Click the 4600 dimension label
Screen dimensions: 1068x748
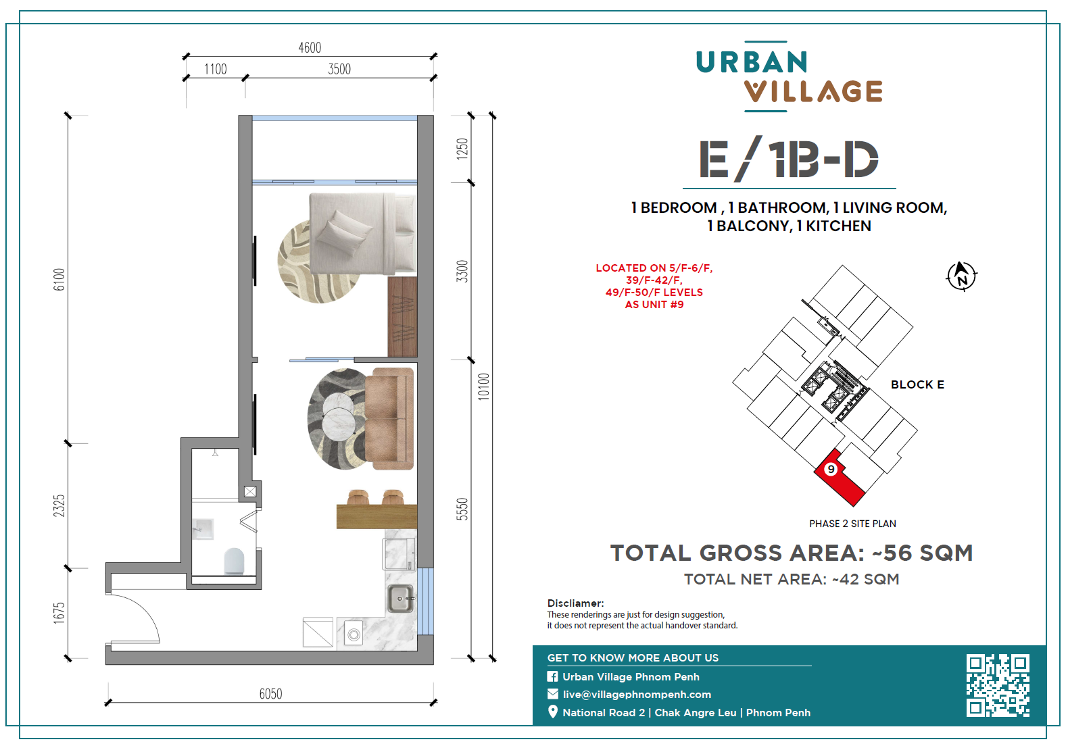[x=310, y=48]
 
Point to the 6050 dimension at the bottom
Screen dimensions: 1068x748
[x=270, y=694]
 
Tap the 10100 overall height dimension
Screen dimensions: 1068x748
[x=484, y=386]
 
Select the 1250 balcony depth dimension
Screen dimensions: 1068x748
[x=462, y=149]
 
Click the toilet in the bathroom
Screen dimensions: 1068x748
[x=234, y=561]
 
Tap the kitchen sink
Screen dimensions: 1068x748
[x=399, y=599]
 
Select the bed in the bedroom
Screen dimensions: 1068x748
[x=363, y=234]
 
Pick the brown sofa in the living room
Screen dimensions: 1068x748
[x=389, y=418]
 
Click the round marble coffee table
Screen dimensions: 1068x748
[x=339, y=420]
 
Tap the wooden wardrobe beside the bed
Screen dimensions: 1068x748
[x=402, y=316]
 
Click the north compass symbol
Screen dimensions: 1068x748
[x=962, y=276]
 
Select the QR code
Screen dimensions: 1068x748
[x=998, y=686]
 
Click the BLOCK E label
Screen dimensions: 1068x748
[x=917, y=384]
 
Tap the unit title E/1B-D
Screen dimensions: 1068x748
[x=789, y=159]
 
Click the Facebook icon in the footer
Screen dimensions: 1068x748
[x=553, y=676]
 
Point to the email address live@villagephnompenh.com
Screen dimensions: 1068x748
[x=637, y=695]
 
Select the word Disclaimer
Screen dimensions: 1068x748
[x=575, y=603]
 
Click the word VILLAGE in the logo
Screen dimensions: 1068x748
[x=813, y=91]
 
